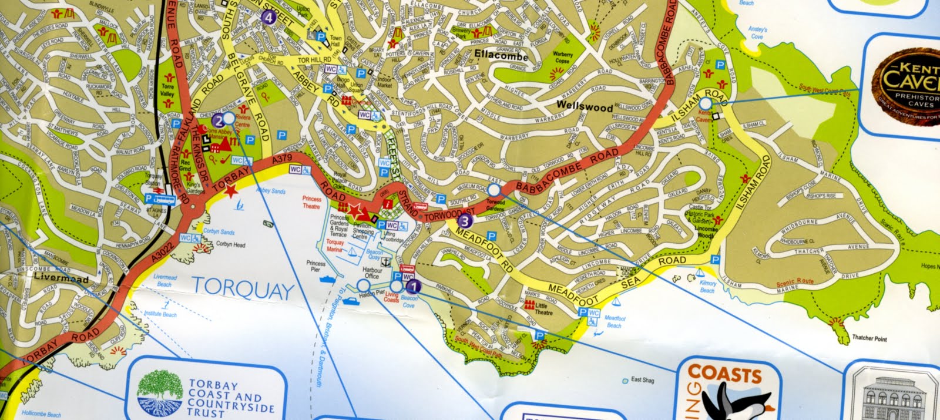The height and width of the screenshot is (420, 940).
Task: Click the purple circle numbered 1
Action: coord(414,287)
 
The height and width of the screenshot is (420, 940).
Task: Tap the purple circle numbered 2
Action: coord(219,122)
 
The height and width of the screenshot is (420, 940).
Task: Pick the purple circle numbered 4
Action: coord(269,17)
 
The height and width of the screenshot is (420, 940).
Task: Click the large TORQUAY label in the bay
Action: coord(243,288)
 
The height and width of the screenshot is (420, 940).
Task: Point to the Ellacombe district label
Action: coord(501,58)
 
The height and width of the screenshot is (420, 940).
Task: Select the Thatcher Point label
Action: coord(869,339)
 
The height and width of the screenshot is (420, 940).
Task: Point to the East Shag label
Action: coord(642,380)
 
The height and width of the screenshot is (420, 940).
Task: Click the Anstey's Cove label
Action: coord(757,33)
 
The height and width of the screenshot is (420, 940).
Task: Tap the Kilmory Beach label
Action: coord(707,287)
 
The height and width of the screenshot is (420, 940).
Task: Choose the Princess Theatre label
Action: coord(311,203)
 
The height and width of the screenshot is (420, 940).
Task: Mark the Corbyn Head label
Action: coord(230,245)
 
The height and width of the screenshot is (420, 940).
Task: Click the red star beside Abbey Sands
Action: coord(230,190)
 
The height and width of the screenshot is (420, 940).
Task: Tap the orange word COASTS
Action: coord(724,374)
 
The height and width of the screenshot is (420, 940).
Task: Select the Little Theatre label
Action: coord(543,309)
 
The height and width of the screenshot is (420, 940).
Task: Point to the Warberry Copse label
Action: coord(562,58)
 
